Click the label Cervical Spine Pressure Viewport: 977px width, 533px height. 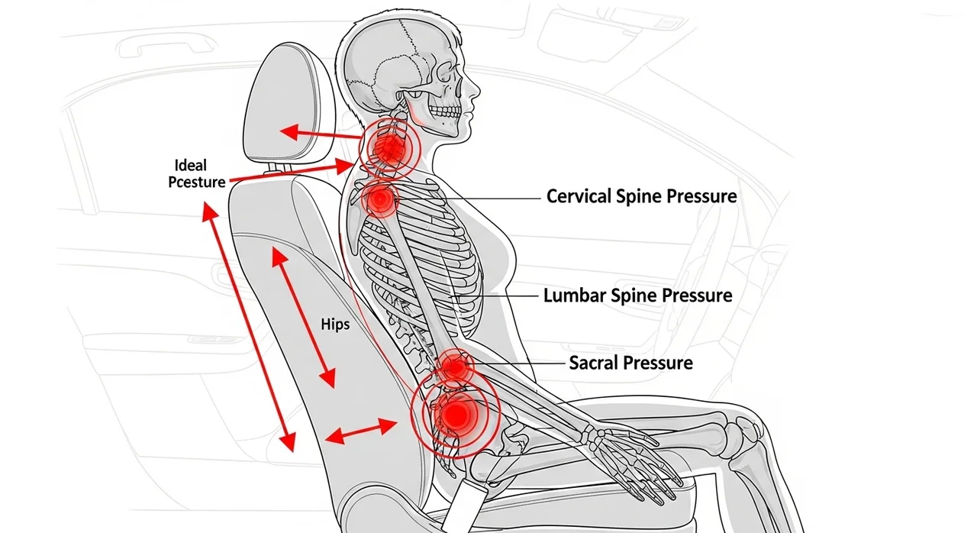pos(641,196)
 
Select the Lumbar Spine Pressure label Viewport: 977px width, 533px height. pos(637,296)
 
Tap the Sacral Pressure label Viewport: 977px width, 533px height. pos(630,363)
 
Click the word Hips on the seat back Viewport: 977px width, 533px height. pos(335,325)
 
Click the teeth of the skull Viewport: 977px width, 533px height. pos(441,113)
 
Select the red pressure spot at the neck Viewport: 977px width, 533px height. pos(389,147)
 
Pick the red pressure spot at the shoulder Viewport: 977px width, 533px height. pos(380,200)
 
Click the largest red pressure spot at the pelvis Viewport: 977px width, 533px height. pos(456,415)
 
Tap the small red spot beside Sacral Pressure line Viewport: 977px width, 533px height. pos(456,368)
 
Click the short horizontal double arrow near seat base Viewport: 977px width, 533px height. pos(361,431)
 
